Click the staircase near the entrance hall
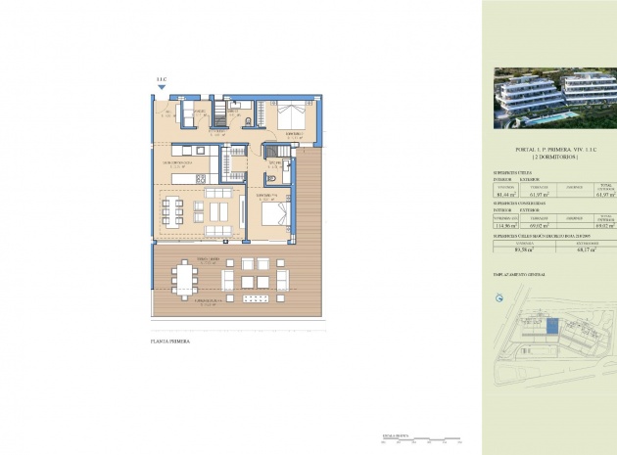233,159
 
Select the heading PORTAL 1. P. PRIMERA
549,150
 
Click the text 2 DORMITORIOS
549,158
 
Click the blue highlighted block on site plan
551,328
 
